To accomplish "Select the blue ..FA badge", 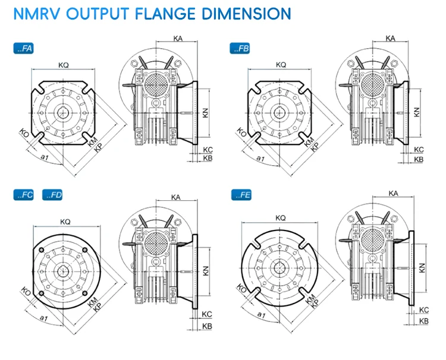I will coord(24,49).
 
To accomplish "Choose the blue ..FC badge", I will coord(24,195).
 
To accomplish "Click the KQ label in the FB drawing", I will coord(281,64).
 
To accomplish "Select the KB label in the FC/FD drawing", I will coord(207,327).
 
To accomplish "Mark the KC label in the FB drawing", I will coord(418,150).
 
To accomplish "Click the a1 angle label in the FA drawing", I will coord(43,157).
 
